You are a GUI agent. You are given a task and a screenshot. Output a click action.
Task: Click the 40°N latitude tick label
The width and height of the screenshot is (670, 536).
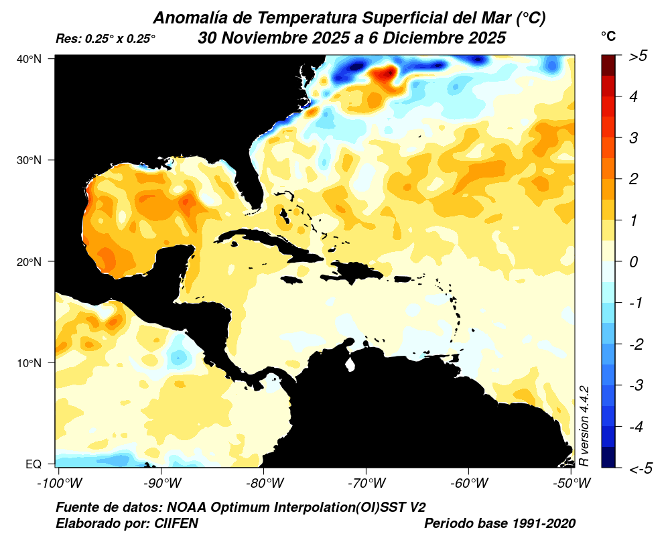[x=29, y=59]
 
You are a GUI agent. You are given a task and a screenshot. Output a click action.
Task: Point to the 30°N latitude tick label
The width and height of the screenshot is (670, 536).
[x=29, y=160]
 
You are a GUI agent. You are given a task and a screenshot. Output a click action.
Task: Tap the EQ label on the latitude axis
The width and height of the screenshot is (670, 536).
[x=33, y=464]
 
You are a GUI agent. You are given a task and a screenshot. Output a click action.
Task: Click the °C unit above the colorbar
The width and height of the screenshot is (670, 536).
[x=608, y=36]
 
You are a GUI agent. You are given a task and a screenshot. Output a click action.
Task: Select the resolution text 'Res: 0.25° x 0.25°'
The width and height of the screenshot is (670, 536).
[x=106, y=40]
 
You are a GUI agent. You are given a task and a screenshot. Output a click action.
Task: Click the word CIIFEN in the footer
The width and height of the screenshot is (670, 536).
[x=176, y=523]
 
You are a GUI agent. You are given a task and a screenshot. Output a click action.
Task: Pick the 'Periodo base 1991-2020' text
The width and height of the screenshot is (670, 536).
[x=500, y=523]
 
